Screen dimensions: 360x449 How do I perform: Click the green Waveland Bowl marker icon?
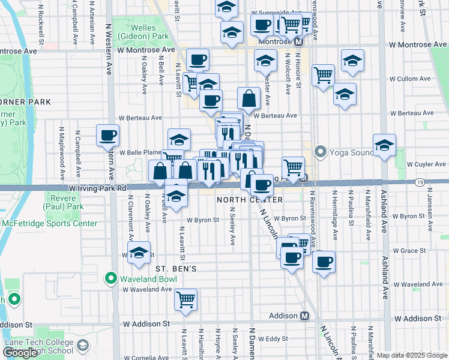point(110,278)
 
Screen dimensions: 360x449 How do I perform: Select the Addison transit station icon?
point(304,316)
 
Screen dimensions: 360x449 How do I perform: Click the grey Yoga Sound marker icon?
point(320,152)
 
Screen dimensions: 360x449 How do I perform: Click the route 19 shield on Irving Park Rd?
point(420,182)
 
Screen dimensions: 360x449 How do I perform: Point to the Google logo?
point(20,352)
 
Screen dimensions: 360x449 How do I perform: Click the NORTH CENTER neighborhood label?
point(241,199)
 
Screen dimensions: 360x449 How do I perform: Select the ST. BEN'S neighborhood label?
point(176,269)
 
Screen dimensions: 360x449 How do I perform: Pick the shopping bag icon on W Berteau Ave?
point(249,98)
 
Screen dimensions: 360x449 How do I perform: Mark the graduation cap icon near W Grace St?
point(139,252)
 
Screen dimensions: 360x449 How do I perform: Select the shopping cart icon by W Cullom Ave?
point(323,75)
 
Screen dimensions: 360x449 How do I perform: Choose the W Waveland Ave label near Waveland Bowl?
point(147,289)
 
